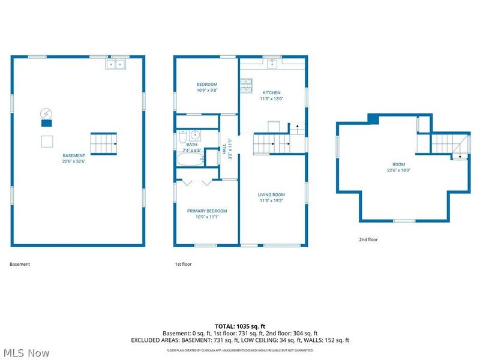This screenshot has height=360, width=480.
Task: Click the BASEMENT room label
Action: [x=74, y=155]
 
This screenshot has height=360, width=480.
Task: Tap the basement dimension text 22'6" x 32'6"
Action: [x=74, y=161]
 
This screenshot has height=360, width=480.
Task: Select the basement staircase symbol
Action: [x=103, y=144]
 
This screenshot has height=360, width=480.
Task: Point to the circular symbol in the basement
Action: [x=46, y=113]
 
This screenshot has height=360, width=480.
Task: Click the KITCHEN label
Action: [x=271, y=93]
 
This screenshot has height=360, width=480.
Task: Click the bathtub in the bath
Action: [x=190, y=159]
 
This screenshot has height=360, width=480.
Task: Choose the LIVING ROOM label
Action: [x=271, y=194]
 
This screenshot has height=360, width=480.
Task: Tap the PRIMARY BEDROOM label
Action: [x=206, y=211]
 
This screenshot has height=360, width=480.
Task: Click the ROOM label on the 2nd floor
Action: [x=398, y=164]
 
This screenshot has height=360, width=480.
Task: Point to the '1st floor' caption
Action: [x=182, y=264]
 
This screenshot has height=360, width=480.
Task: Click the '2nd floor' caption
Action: [x=368, y=239]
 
